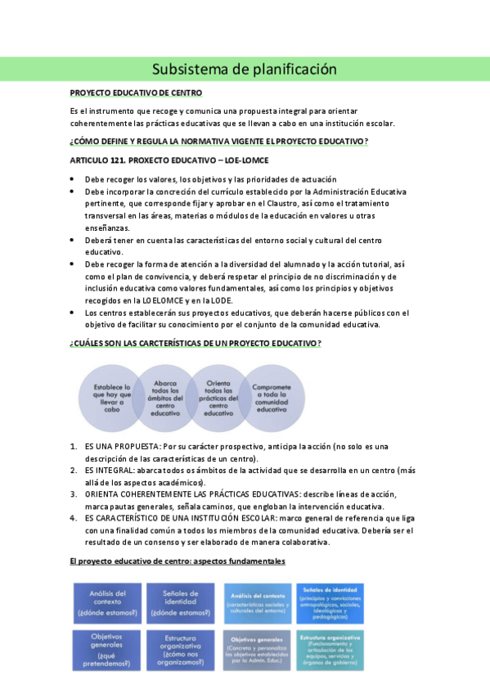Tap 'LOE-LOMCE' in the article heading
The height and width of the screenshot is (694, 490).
click(241, 160)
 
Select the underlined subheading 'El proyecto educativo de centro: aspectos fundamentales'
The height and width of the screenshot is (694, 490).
click(178, 561)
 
